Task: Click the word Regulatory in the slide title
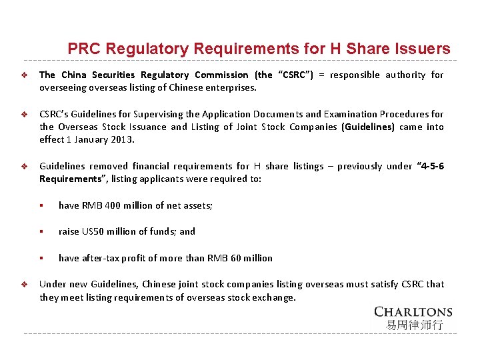[147, 49]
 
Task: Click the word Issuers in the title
[423, 49]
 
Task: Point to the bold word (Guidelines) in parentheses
[368, 127]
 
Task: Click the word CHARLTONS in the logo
[413, 311]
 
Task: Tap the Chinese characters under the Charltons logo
[413, 325]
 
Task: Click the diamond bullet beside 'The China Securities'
[23, 75]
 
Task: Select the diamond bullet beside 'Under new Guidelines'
[23, 285]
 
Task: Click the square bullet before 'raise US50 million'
[41, 232]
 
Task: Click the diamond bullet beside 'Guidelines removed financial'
[23, 167]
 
